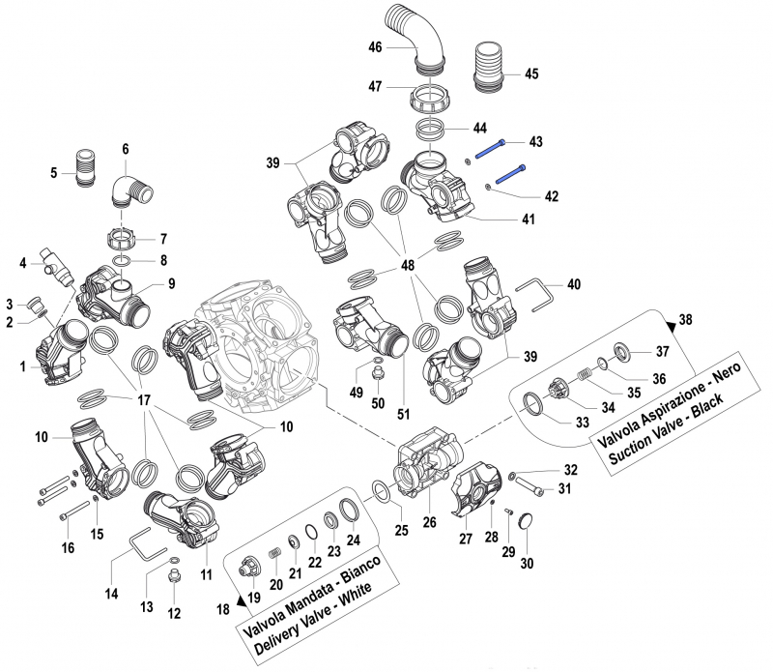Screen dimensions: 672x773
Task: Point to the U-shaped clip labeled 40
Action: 537,296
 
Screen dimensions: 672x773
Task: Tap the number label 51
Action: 403,415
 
